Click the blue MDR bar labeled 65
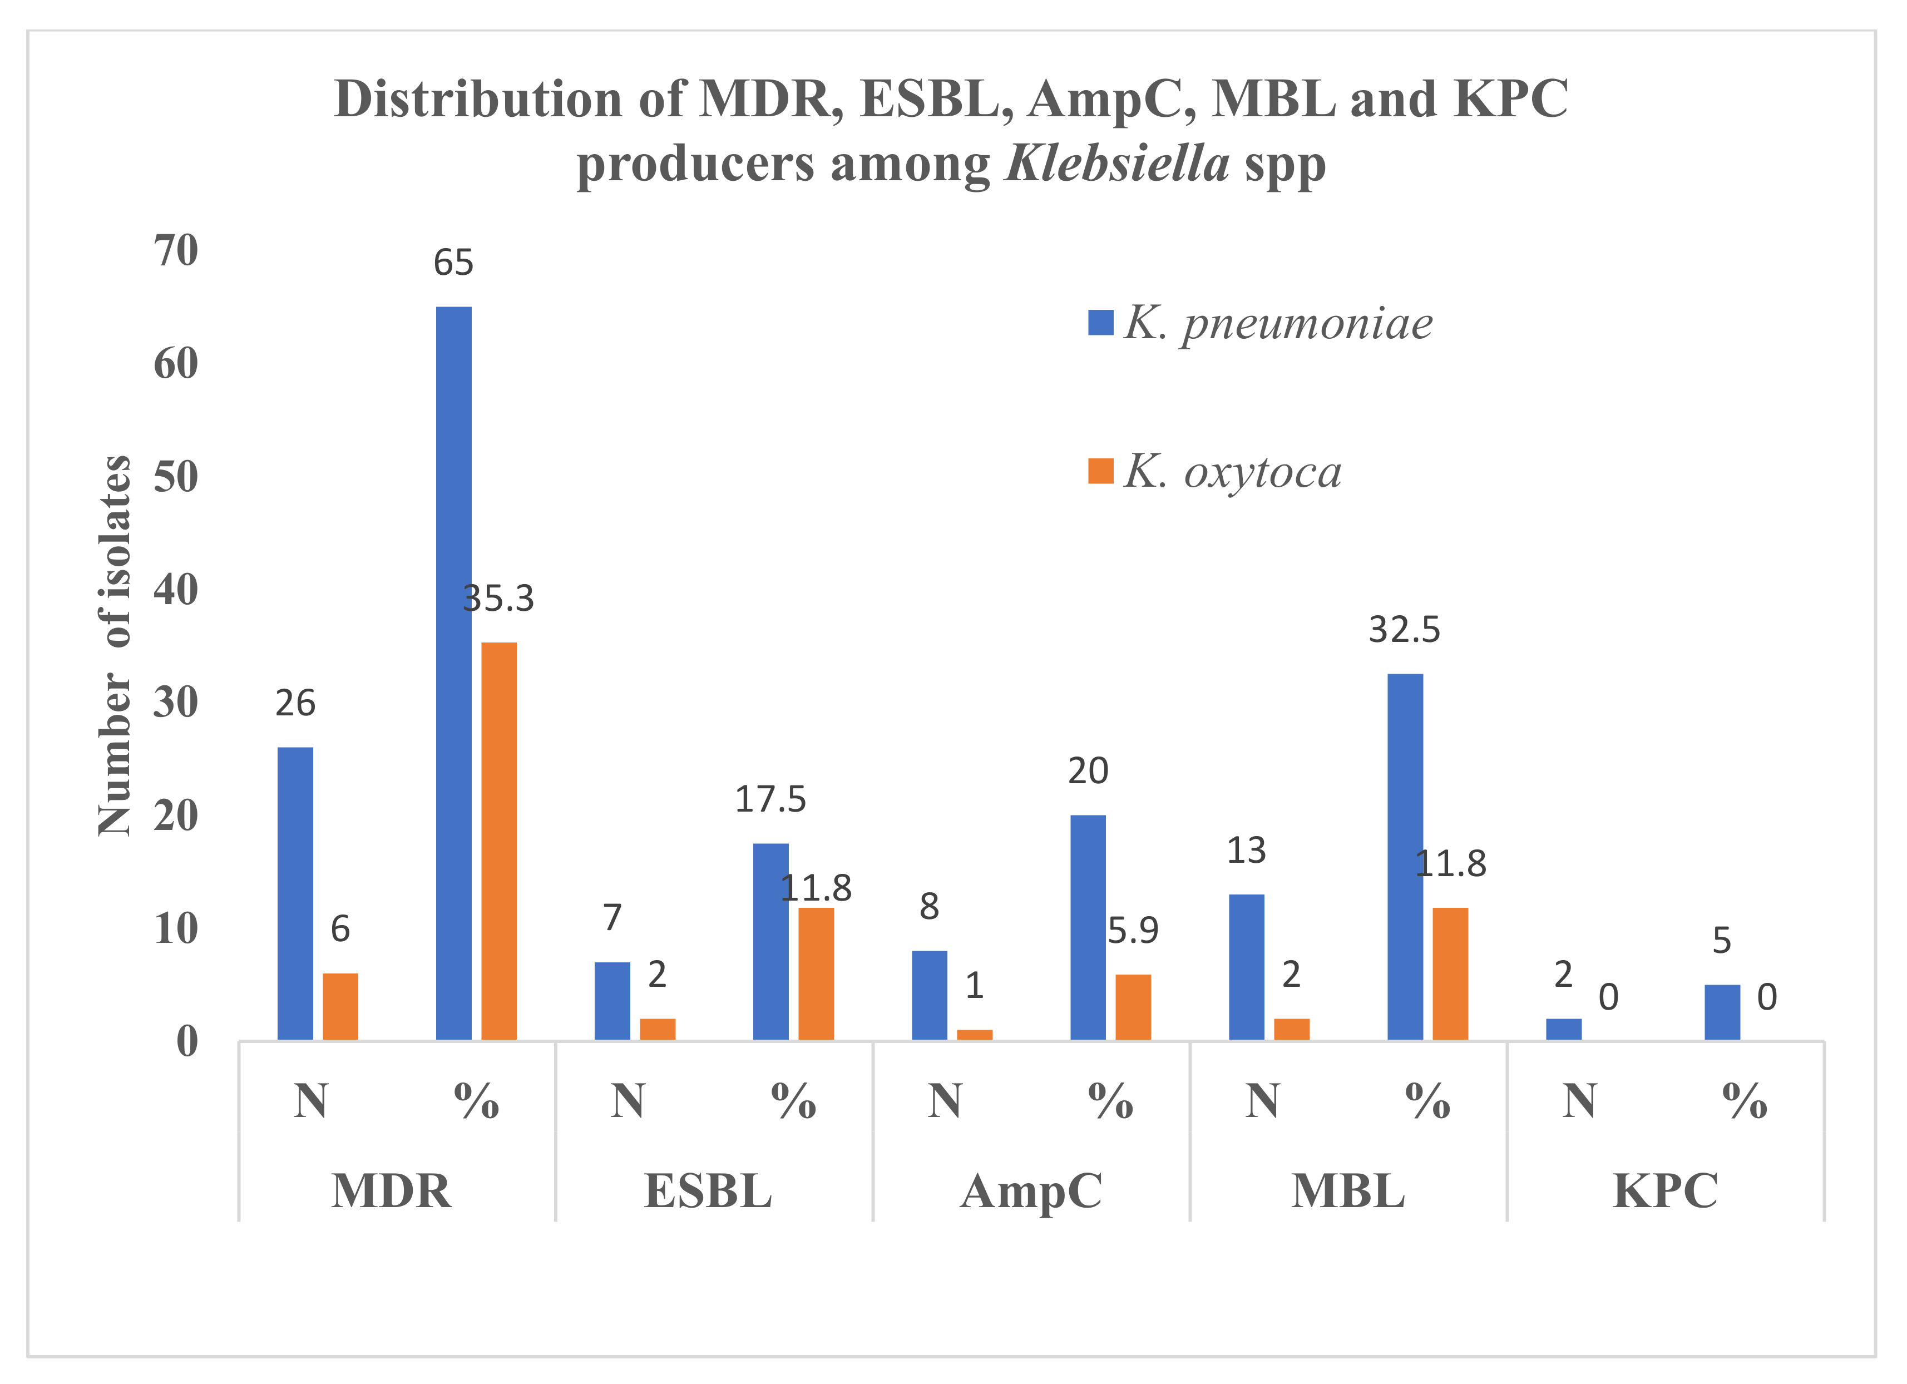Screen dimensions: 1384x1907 [453, 673]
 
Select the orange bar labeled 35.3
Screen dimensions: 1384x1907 [498, 841]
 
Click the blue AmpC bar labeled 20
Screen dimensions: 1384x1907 [1088, 927]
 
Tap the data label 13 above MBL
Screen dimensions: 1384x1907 [1246, 851]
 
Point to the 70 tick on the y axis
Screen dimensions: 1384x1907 [176, 250]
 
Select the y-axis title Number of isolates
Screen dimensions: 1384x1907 [115, 646]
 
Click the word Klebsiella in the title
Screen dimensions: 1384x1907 [1118, 163]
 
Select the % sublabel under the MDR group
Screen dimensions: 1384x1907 [476, 1101]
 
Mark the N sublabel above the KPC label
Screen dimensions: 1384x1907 [1579, 1101]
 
